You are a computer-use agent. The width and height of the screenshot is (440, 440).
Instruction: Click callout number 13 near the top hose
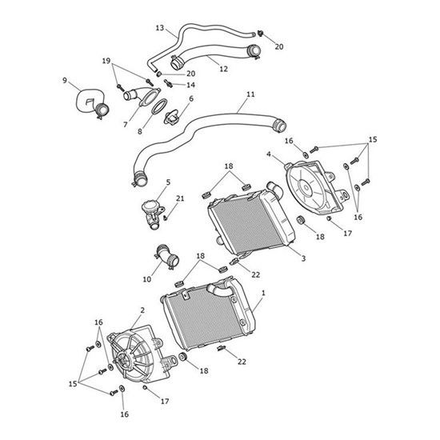(x=159, y=28)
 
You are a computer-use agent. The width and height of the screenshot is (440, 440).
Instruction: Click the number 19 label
(x=105, y=61)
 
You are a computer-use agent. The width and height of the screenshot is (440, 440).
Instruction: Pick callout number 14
(x=190, y=84)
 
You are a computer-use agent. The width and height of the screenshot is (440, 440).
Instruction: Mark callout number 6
(x=190, y=99)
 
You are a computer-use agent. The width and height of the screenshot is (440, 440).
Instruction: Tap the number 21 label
(x=179, y=198)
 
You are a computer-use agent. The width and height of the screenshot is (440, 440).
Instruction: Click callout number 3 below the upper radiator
(x=303, y=258)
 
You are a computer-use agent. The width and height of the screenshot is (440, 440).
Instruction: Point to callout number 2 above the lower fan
(x=142, y=310)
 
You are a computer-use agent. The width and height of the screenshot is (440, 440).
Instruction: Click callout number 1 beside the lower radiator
(x=265, y=294)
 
